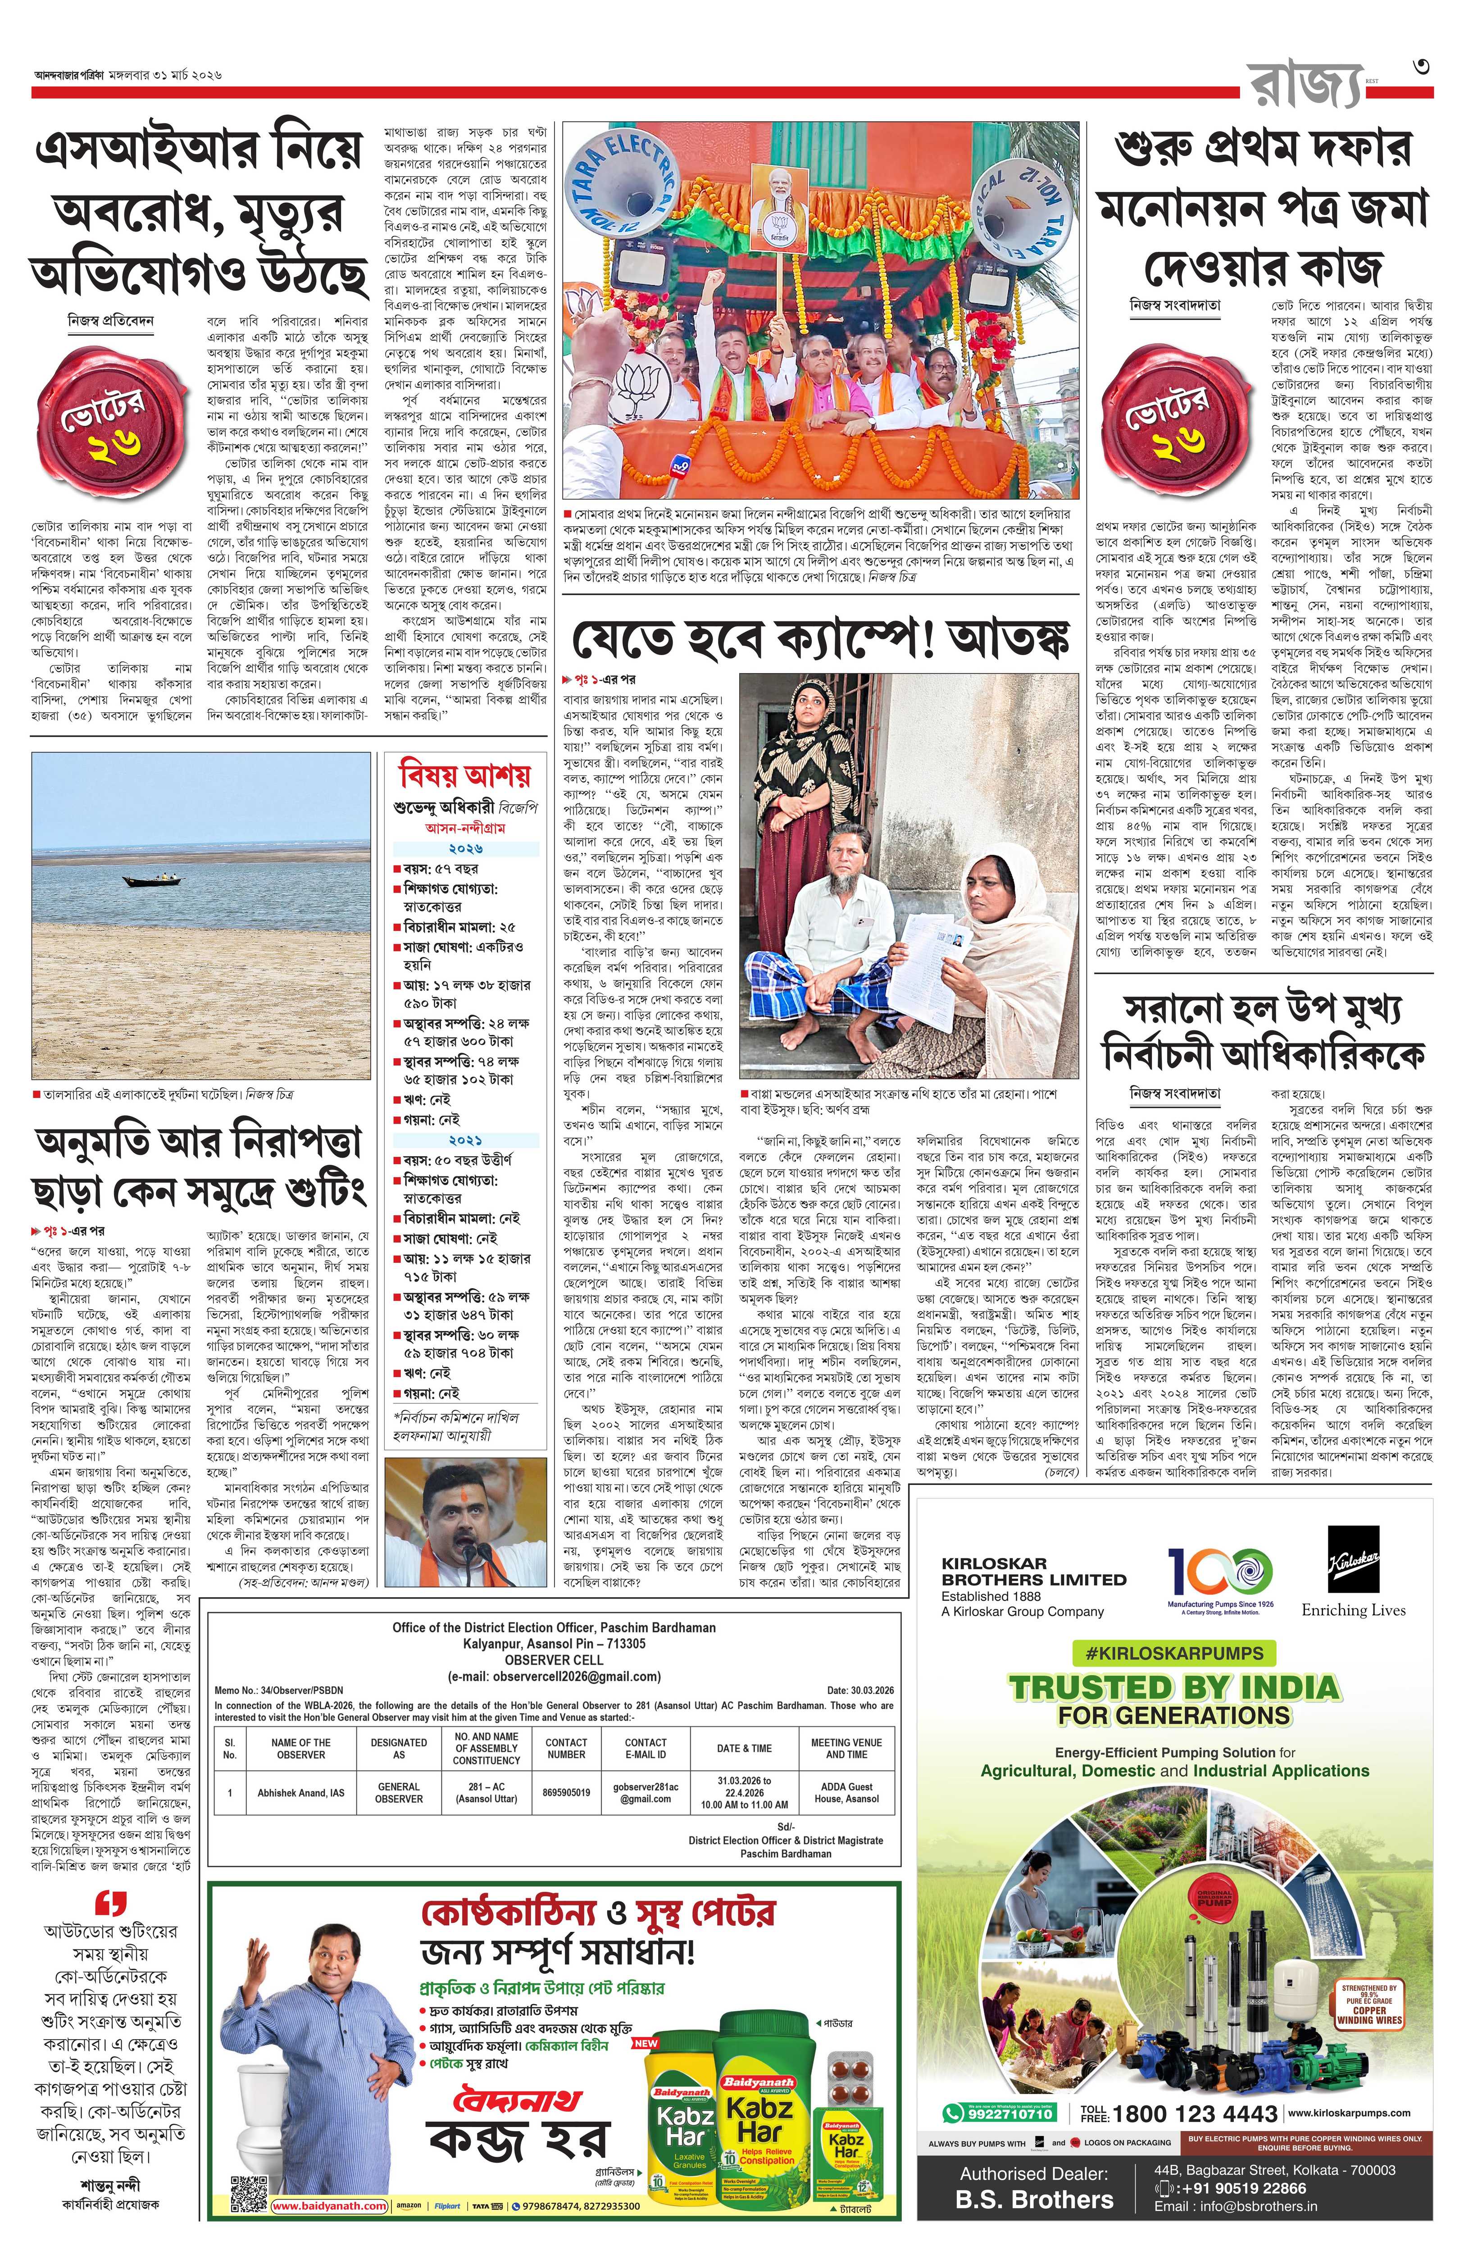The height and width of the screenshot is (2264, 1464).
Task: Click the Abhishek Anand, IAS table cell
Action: click(x=300, y=1792)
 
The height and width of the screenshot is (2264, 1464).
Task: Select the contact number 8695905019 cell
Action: click(x=567, y=1792)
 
